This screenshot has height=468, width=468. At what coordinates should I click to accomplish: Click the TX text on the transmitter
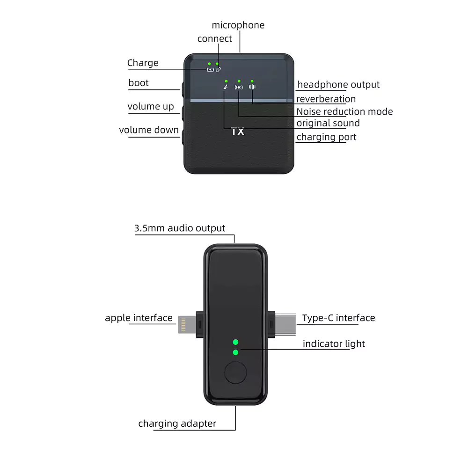coord(238,132)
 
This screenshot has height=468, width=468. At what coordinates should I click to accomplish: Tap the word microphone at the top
coord(238,25)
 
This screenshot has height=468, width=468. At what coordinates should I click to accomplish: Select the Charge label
coord(143,63)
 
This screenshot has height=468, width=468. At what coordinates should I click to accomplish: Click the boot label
coord(139,83)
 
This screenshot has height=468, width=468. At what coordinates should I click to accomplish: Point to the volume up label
coord(150,107)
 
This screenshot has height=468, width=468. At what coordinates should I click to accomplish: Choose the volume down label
coord(149,130)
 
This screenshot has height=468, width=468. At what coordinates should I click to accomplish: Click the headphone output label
coord(338,85)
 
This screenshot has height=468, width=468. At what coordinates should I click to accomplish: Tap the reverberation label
coord(326,99)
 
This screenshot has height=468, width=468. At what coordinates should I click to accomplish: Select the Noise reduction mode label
coord(344,112)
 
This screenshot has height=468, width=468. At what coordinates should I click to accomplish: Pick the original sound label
coord(328,124)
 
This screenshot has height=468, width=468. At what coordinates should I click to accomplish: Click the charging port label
coord(326,137)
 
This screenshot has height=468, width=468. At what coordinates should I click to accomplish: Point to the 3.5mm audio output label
coord(180,228)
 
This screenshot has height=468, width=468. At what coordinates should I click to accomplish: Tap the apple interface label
coord(139,318)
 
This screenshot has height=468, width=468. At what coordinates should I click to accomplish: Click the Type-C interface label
coord(338,318)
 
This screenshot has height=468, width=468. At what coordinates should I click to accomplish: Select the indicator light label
coord(334,344)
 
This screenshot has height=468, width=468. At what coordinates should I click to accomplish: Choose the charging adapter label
coord(177,424)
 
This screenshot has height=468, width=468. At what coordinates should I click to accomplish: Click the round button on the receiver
coord(235,373)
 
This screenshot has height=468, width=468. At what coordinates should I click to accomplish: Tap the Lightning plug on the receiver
coord(186,324)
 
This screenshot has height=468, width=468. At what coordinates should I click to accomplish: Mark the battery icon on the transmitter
coord(211,70)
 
